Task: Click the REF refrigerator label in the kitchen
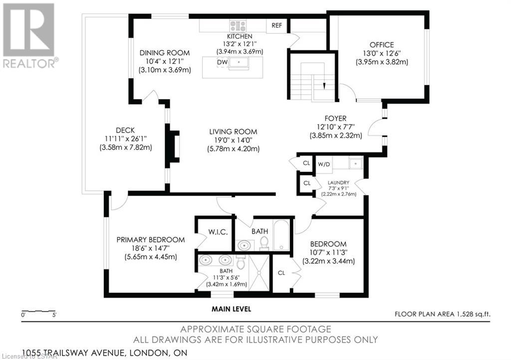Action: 276,25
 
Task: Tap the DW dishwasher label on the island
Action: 222,62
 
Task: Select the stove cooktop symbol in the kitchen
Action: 238,26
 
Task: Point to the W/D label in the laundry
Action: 324,165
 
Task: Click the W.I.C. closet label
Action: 218,232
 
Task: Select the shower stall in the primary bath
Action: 259,272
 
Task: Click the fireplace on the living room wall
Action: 173,146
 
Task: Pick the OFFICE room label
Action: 382,45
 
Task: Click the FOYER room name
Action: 335,119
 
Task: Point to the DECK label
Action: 125,130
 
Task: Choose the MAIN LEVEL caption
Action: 232,309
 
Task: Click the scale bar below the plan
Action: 38,312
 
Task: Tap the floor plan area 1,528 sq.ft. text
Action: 443,314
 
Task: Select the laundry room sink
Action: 356,164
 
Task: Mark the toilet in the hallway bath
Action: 264,243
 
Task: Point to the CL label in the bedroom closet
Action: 281,273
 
